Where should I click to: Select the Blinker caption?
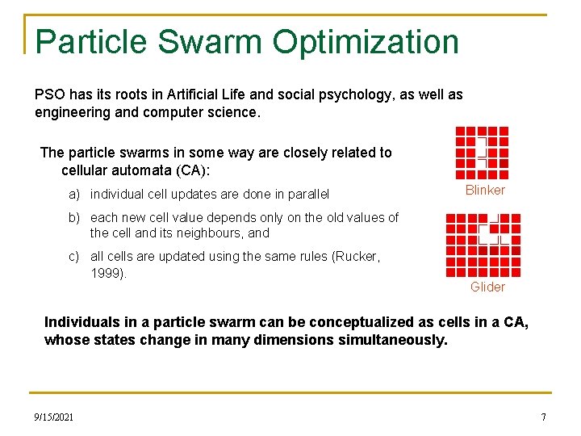point(485,191)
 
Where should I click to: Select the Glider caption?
point(487,287)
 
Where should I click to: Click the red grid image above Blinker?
point(482,153)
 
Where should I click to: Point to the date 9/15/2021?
point(54,417)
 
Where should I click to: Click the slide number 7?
point(543,417)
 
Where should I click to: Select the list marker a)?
point(74,195)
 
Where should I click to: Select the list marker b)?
point(74,218)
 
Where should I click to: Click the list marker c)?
point(74,257)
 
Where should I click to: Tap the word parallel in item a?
point(307,195)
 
